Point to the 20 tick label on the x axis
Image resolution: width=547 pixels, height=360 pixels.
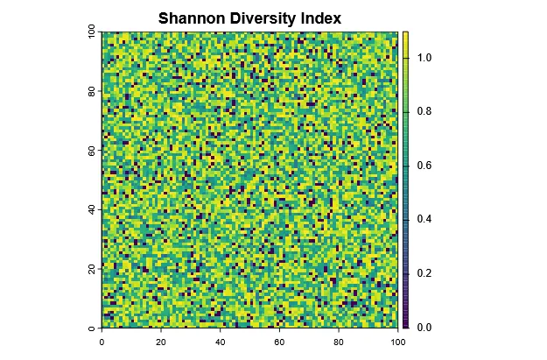point(161,343)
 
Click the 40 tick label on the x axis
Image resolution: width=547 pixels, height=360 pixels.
point(221,343)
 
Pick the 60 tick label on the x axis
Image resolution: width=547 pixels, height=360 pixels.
point(280,343)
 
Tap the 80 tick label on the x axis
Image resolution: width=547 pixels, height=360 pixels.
point(340,343)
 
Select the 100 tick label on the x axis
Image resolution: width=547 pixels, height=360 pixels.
point(398,343)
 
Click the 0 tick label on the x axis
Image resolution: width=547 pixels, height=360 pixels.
point(102,343)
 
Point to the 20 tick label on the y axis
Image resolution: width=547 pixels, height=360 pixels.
point(92,269)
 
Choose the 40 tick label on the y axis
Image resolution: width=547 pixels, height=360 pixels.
point(92,210)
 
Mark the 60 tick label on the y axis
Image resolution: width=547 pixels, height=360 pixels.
point(92,151)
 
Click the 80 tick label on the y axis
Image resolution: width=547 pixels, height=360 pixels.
point(92,91)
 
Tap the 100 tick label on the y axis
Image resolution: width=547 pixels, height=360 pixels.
point(92,32)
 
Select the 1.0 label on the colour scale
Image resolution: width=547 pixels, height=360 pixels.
point(424,57)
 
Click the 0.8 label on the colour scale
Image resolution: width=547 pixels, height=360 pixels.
point(424,111)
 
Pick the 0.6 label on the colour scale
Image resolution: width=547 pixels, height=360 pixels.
point(424,166)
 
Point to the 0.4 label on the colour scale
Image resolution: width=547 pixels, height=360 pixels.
point(424,219)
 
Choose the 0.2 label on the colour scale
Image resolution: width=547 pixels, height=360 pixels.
point(424,273)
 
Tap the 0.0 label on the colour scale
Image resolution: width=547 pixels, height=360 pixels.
point(424,327)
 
